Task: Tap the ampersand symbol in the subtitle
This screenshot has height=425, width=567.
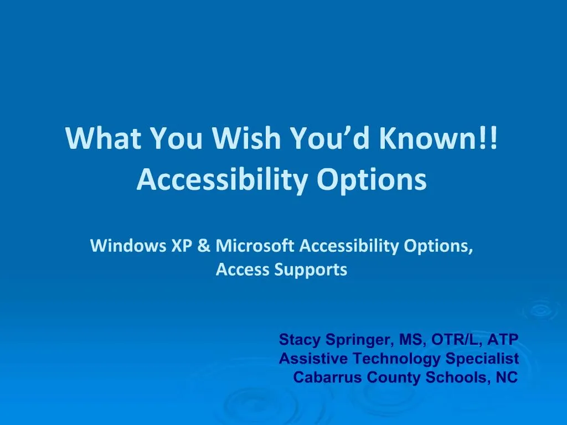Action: pyautogui.click(x=203, y=246)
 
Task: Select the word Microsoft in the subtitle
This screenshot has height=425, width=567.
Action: pyautogui.click(x=255, y=246)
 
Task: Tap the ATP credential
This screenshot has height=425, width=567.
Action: pyautogui.click(x=503, y=339)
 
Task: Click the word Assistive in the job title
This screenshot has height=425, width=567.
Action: pyautogui.click(x=313, y=359)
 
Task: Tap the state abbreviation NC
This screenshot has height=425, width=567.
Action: pyautogui.click(x=507, y=377)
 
